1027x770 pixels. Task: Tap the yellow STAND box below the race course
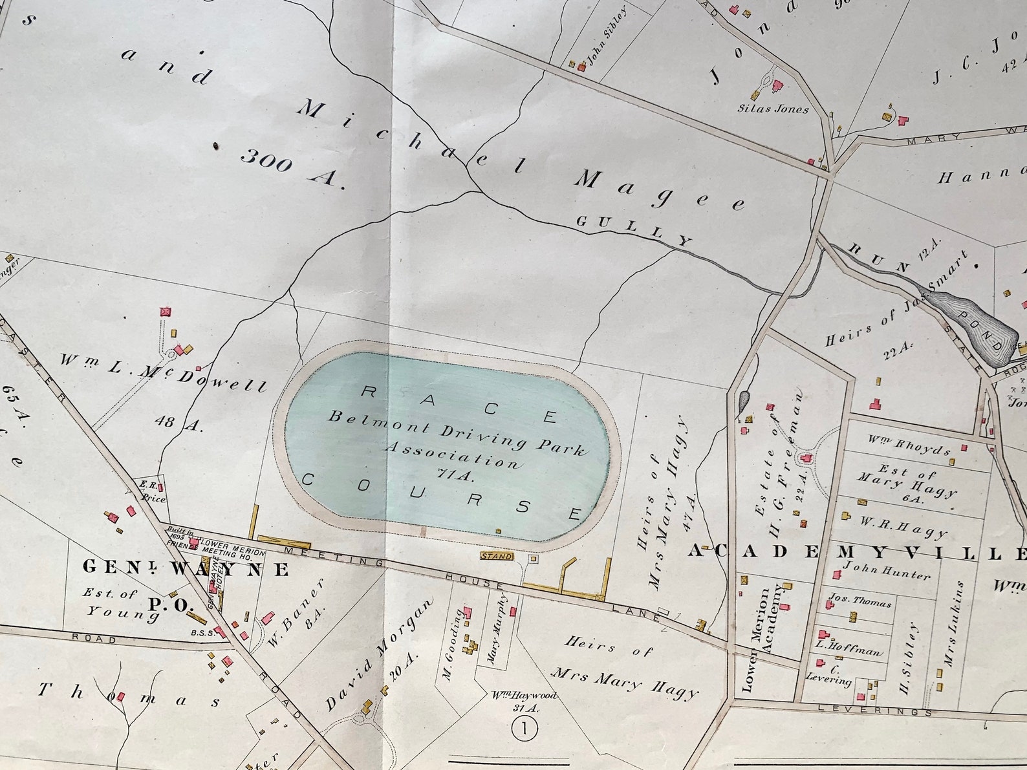pyautogui.click(x=496, y=556)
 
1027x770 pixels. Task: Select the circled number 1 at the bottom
pyautogui.click(x=524, y=729)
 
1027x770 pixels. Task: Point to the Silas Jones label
pyautogui.click(x=773, y=109)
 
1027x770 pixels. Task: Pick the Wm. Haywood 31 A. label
pyautogui.click(x=521, y=701)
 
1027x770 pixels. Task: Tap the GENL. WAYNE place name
pyautogui.click(x=186, y=569)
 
